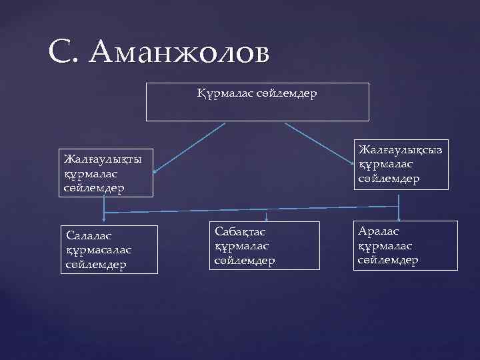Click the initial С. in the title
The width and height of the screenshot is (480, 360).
tap(65, 53)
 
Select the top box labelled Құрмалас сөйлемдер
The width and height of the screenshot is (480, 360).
tap(257, 101)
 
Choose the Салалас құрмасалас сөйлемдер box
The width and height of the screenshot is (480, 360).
tap(110, 249)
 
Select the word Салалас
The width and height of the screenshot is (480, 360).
tap(89, 235)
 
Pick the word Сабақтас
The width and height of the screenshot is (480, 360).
tap(240, 231)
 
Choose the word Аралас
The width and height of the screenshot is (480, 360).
tap(379, 231)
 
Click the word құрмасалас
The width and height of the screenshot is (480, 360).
tap(99, 249)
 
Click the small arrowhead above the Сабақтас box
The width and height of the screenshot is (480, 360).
tap(267, 218)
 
